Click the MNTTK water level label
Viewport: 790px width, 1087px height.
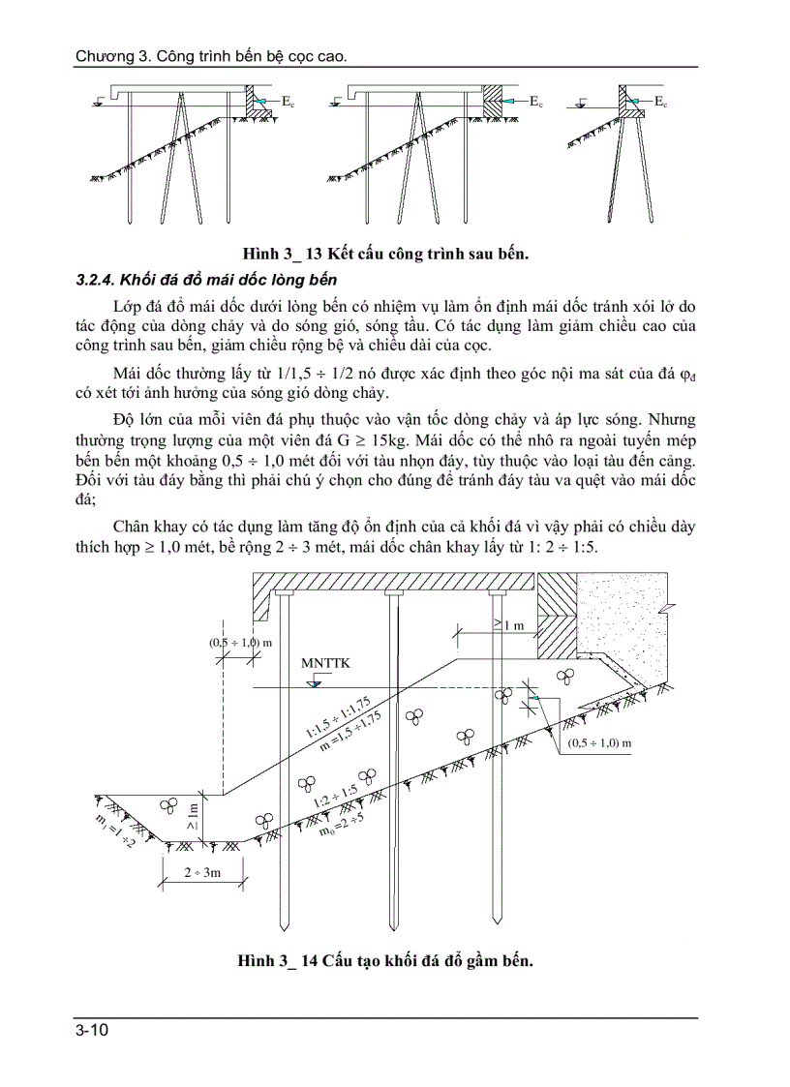pos(324,663)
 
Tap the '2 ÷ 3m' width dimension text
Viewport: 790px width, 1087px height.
pos(202,872)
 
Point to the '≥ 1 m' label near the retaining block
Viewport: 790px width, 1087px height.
pos(508,625)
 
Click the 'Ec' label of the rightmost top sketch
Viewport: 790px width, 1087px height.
pos(661,101)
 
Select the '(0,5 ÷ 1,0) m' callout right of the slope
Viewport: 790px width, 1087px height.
pos(599,742)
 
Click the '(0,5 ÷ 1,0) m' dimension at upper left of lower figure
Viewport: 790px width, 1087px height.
pos(240,642)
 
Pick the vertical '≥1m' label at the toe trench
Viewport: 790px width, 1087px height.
pos(193,816)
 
